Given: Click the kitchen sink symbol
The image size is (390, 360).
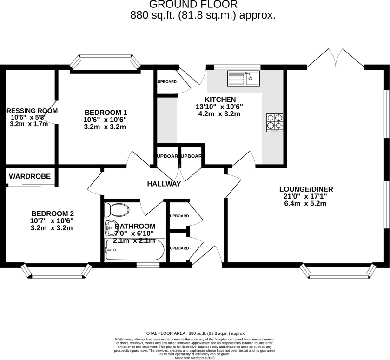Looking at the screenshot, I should point(243,78).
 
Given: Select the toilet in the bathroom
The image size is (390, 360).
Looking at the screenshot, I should point(116,209).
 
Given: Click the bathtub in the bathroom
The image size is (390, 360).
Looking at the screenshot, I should point(134,250).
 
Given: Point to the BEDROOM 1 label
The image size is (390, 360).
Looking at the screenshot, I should point(106,112).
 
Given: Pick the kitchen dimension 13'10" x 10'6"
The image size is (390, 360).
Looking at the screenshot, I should point(219,107).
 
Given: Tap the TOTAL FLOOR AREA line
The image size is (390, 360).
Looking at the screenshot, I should point(194,333).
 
